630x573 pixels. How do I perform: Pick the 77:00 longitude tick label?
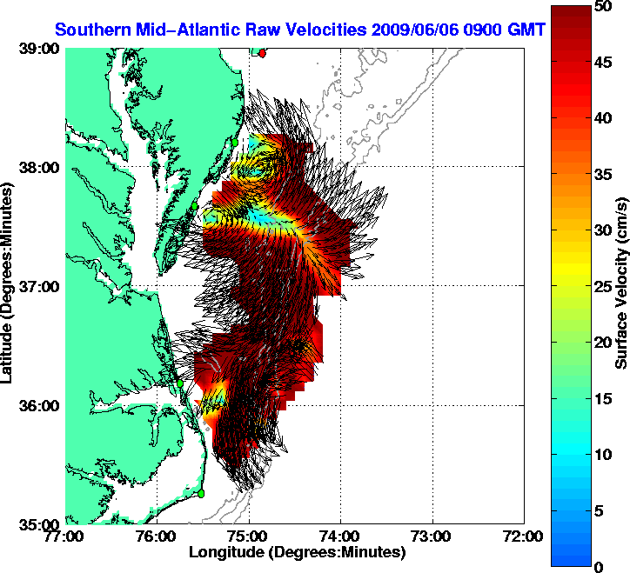pyautogui.click(x=66, y=537)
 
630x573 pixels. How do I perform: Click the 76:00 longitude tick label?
pyautogui.click(x=157, y=537)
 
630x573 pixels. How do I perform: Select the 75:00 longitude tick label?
pyautogui.click(x=250, y=537)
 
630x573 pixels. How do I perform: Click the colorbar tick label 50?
pyautogui.click(x=600, y=7)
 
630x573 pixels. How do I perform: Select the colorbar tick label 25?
pyautogui.click(x=600, y=286)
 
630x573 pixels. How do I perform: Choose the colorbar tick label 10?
pyautogui.click(x=600, y=454)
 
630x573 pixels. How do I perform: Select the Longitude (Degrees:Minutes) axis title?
pyautogui.click(x=297, y=552)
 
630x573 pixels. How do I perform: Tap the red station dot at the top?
pyautogui.click(x=263, y=53)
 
